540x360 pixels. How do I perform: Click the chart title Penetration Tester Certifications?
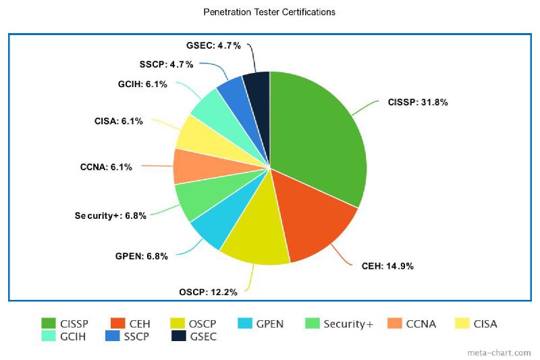tap(269, 12)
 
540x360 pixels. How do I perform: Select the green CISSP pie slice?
tap(317, 135)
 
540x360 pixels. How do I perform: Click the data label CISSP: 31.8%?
tap(418, 103)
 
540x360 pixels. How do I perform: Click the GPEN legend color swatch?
tap(244, 324)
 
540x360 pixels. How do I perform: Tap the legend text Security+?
tap(348, 324)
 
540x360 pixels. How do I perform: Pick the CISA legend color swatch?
tap(462, 324)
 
